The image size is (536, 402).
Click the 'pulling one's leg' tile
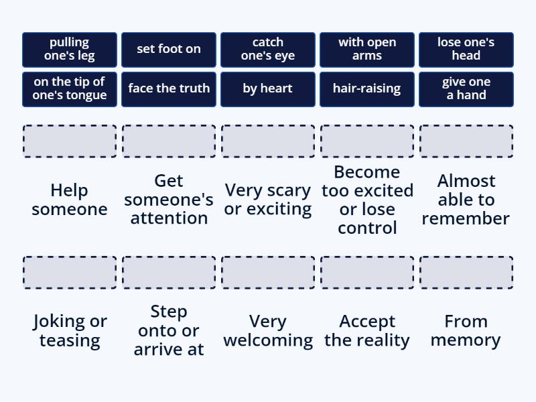point(70,50)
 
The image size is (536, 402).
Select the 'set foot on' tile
point(169,50)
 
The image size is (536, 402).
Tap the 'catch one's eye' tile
point(268,50)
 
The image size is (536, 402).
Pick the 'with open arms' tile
point(367,50)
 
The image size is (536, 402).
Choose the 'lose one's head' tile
point(466,50)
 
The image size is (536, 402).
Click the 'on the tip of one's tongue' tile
point(70,89)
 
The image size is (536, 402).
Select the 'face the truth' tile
point(169,89)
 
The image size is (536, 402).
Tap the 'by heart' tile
point(268,89)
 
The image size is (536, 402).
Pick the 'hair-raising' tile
point(367,89)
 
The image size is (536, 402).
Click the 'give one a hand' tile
point(466,89)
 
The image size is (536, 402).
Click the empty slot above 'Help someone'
point(70,141)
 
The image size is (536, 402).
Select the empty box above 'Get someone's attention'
point(169,141)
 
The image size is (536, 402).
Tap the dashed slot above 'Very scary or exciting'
point(268,141)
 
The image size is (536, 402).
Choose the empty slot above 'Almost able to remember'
point(466,141)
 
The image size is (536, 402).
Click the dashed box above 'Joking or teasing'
point(70,273)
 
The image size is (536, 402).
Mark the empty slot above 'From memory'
point(466,273)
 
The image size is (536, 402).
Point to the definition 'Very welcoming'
point(268,331)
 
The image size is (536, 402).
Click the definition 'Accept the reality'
point(367,331)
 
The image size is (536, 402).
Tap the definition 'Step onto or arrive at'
point(169,330)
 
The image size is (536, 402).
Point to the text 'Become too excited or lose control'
point(367,200)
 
